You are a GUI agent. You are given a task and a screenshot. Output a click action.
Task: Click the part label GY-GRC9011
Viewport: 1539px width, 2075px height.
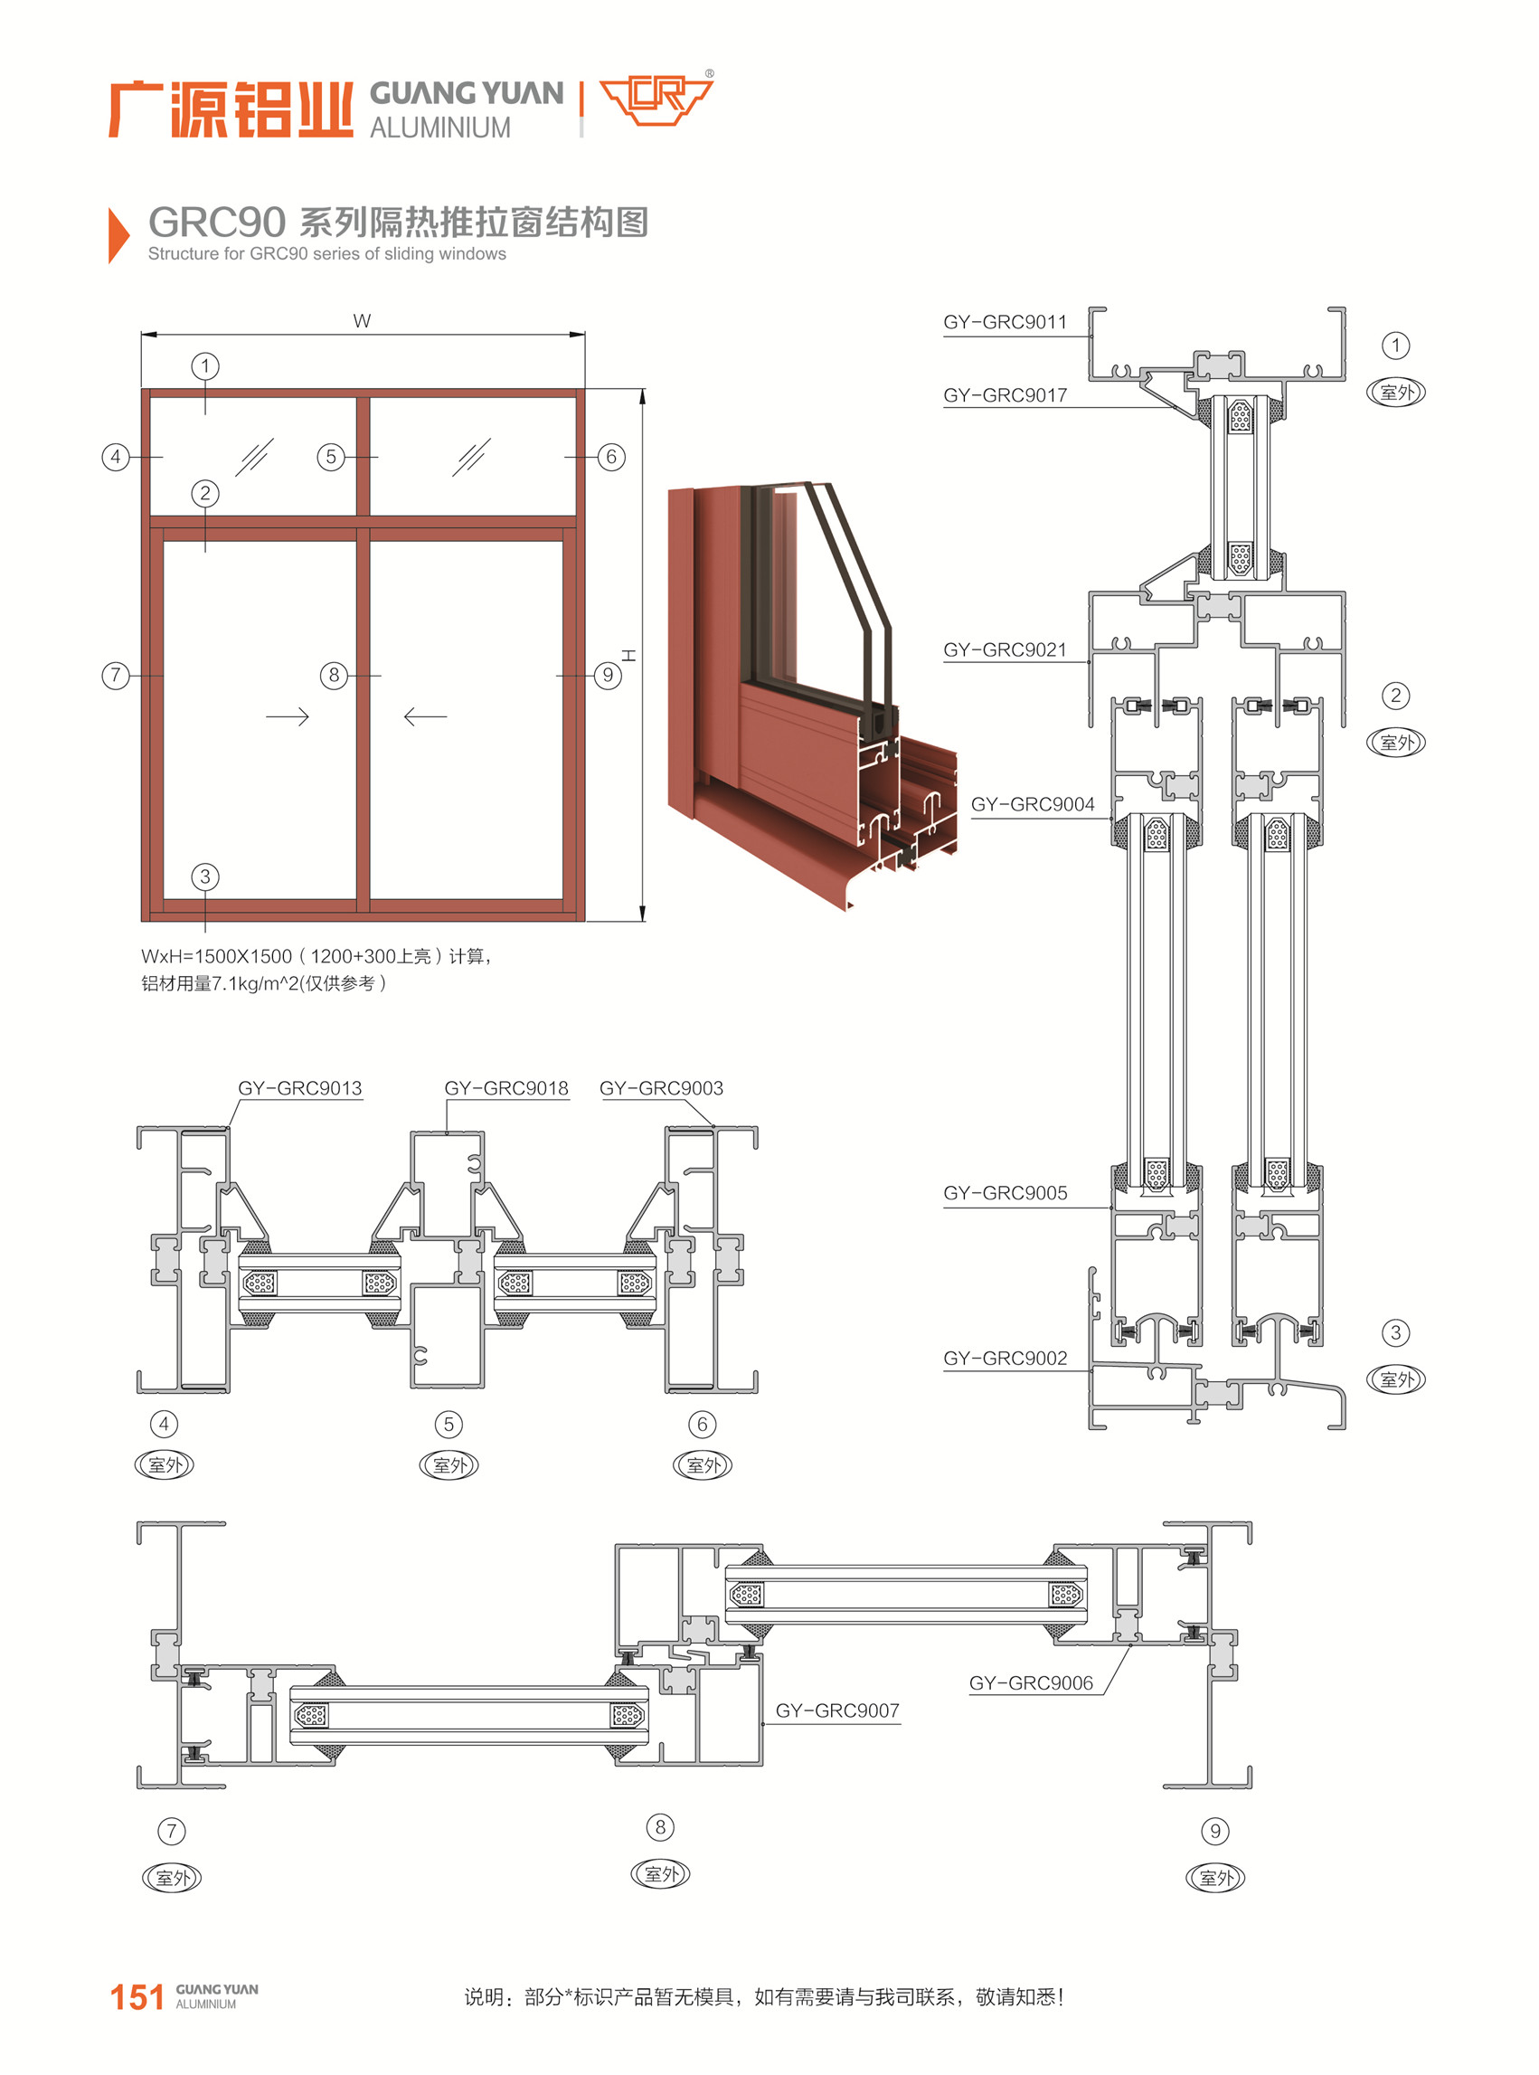pos(1005,322)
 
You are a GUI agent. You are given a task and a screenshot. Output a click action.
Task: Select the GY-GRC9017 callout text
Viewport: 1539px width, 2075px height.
pos(1005,395)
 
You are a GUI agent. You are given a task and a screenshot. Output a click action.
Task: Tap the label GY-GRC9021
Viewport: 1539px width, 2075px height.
pos(1005,649)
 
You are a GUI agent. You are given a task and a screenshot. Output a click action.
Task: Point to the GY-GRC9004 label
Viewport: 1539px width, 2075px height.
pos(1033,804)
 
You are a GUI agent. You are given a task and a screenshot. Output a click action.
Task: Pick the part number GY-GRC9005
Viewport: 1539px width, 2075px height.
pos(1005,1193)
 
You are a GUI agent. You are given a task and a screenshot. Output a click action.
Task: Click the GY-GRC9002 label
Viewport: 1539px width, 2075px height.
pos(1005,1358)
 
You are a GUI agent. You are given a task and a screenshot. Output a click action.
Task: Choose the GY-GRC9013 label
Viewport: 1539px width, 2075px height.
pos(299,1087)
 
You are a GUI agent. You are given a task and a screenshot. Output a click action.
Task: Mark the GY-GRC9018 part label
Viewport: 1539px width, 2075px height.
pos(505,1087)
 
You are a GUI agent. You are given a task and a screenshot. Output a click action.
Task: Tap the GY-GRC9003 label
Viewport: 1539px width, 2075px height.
pos(660,1087)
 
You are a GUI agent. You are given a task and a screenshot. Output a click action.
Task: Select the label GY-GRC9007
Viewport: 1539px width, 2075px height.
pos(836,1710)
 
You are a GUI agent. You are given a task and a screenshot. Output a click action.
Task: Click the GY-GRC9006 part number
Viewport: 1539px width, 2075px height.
pos(1030,1682)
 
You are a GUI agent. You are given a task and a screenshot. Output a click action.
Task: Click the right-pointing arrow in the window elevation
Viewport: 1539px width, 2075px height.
pos(287,716)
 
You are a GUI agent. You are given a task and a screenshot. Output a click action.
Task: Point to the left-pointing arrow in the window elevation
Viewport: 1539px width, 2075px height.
pos(425,716)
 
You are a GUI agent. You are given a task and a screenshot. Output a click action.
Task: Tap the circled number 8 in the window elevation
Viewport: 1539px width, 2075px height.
pos(334,675)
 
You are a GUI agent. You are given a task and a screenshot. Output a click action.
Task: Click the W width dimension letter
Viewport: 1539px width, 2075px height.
pos(362,321)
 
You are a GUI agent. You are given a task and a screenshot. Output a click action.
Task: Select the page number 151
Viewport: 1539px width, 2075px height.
pos(137,1996)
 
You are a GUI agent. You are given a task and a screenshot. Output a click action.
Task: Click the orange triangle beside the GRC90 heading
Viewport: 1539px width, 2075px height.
pos(118,235)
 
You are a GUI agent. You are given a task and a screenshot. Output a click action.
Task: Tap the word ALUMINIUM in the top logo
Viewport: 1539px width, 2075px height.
pos(439,128)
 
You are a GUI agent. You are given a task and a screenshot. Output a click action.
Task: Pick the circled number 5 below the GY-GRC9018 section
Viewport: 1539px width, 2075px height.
pos(448,1424)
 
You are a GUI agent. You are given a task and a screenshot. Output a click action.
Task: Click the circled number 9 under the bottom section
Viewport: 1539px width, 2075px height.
pos(1214,1831)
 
